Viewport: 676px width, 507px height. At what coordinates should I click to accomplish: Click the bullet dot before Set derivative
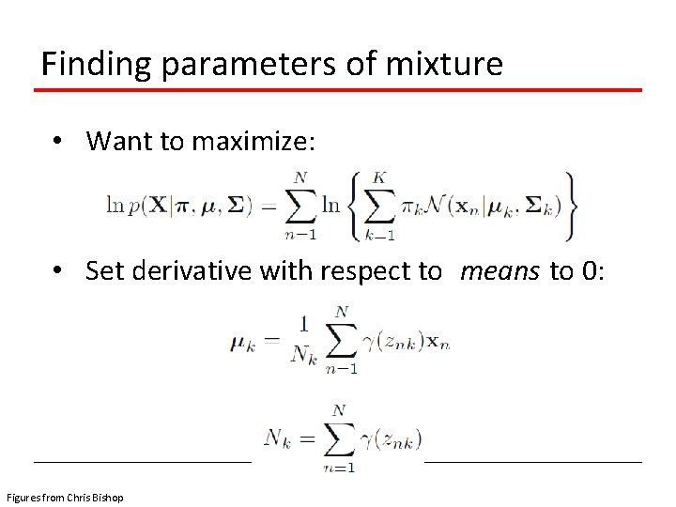point(58,271)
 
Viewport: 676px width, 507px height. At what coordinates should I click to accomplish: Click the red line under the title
point(338,90)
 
